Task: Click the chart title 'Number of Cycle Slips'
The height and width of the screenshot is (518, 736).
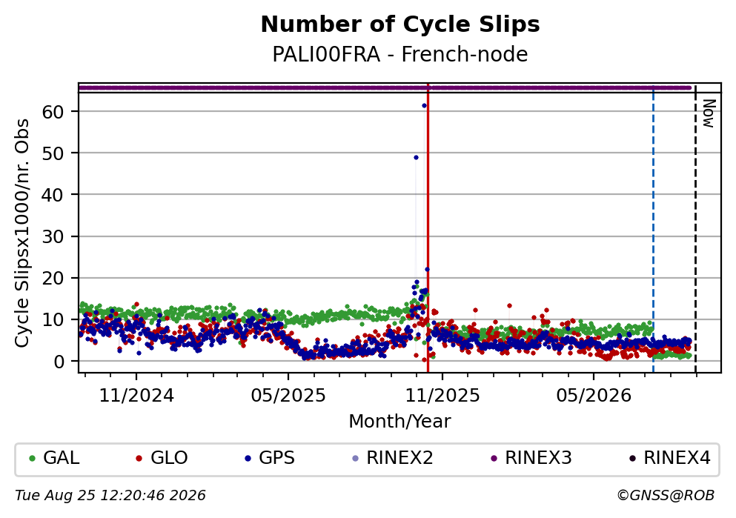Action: tap(400, 24)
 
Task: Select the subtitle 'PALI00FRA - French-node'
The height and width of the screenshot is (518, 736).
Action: tap(400, 54)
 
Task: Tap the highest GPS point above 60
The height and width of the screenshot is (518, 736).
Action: tap(424, 105)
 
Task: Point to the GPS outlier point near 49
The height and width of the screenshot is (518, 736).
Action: tap(416, 158)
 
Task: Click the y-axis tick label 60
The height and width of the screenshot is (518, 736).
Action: tap(54, 112)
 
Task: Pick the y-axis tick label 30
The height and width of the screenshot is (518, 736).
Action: tap(54, 236)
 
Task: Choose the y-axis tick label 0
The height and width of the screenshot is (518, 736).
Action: tap(59, 362)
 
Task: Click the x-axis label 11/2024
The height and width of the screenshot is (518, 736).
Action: tap(136, 396)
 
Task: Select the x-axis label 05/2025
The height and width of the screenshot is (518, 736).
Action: tap(288, 396)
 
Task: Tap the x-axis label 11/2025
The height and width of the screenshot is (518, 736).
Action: tap(442, 396)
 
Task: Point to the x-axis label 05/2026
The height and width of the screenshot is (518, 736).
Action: tap(594, 396)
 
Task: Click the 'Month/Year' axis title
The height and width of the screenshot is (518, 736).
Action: tap(400, 422)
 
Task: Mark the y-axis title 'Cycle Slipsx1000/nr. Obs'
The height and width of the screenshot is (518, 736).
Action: tap(22, 233)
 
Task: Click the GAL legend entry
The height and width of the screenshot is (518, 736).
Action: tap(54, 457)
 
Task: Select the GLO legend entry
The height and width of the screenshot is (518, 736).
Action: tap(162, 457)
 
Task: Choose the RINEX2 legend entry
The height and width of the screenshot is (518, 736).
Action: tap(392, 457)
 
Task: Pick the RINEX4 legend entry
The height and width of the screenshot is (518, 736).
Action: tap(670, 457)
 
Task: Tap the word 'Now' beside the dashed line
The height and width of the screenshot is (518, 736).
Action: tap(709, 113)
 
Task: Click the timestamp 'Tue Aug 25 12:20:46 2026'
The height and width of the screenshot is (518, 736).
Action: tap(110, 496)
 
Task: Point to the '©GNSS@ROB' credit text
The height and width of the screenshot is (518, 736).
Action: tap(666, 496)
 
